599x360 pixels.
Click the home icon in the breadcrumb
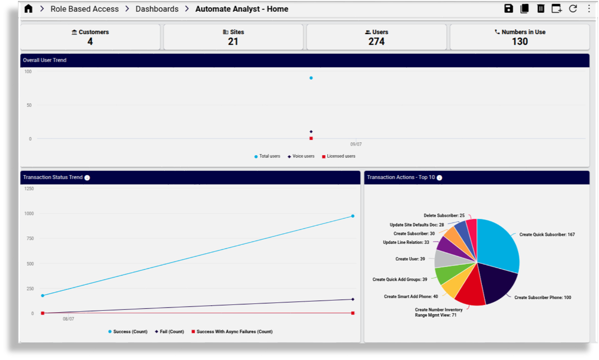[29, 9]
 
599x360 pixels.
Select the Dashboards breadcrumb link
[157, 9]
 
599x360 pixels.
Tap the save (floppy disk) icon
[509, 9]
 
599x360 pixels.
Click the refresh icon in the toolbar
[573, 9]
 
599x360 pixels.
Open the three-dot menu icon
[588, 9]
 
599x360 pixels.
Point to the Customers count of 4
[90, 42]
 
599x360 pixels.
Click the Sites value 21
[233, 42]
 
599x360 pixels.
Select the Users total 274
[376, 42]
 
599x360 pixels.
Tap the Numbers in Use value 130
[520, 42]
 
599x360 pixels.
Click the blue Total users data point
[311, 78]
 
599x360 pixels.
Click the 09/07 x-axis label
[356, 144]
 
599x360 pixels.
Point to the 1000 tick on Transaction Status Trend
[29, 213]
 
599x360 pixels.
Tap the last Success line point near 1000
[353, 216]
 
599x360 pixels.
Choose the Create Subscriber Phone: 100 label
[543, 297]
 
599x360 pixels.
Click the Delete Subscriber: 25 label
[444, 216]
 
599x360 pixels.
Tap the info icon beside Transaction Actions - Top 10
[439, 178]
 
